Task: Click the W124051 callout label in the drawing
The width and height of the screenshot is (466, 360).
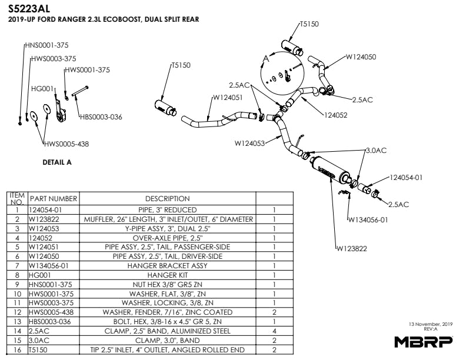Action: [227, 98]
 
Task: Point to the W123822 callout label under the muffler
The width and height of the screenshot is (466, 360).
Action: [352, 249]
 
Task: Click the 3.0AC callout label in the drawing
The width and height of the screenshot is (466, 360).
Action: [376, 151]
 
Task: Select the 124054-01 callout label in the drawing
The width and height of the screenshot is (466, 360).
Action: [406, 177]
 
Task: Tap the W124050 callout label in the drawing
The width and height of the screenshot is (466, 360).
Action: [360, 57]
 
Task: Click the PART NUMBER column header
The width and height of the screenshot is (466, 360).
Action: [54, 199]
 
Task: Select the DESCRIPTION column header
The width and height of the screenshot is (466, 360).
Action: [167, 199]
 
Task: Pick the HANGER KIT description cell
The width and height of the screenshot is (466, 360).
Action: [167, 275]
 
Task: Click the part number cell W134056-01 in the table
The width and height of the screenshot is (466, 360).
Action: [52, 266]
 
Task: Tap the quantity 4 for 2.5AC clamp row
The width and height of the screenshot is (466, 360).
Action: [274, 332]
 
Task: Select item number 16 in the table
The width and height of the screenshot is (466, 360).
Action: [18, 351]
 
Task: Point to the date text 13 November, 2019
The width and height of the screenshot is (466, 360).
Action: [430, 324]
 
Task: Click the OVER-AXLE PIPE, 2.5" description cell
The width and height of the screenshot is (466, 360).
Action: [167, 238]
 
